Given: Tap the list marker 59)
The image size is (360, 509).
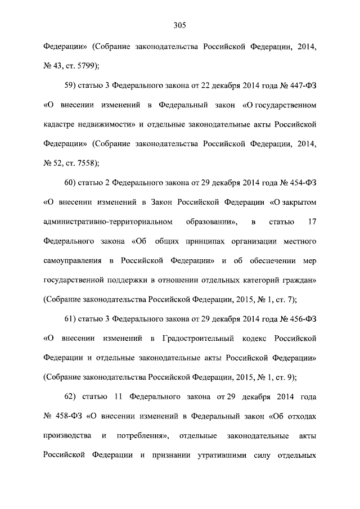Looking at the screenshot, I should [x=71, y=85].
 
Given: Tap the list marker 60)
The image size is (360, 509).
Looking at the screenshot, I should [x=71, y=183].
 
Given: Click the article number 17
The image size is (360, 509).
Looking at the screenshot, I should [x=312, y=222].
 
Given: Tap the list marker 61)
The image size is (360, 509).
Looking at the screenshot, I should [x=71, y=319].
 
